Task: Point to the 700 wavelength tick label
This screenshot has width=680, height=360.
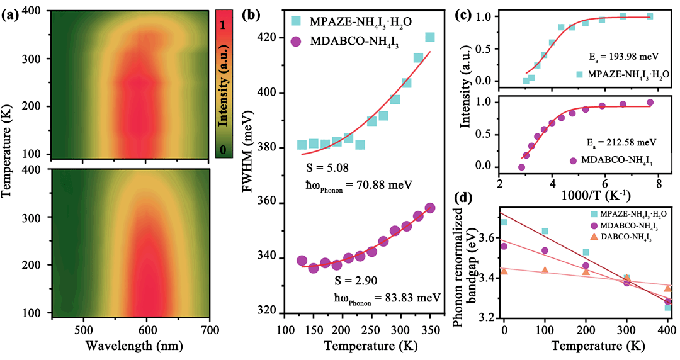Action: click(x=210, y=329)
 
